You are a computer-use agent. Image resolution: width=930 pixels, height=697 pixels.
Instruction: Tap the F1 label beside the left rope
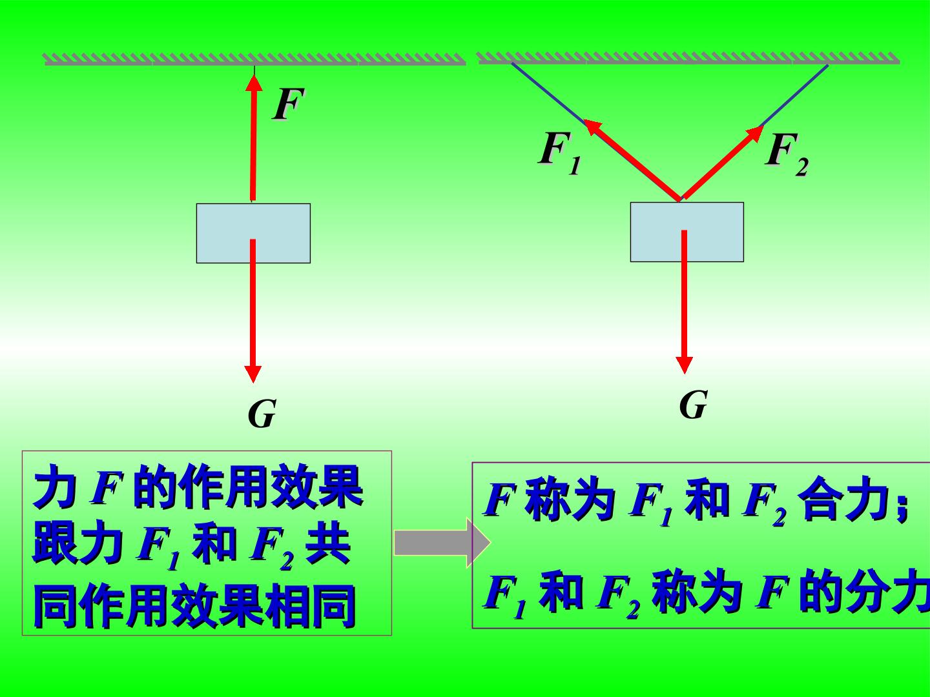click(560, 153)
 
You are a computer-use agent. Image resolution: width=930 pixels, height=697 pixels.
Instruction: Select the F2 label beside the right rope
click(787, 154)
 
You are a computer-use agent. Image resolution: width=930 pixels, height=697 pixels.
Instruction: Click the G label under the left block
click(262, 414)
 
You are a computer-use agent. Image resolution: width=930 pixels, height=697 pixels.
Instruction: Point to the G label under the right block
click(693, 404)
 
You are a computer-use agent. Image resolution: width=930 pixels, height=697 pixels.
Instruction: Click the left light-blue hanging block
click(253, 233)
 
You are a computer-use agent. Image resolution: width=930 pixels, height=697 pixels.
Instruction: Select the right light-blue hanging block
click(687, 232)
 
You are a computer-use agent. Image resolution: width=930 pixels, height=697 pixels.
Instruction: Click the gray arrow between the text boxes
click(442, 543)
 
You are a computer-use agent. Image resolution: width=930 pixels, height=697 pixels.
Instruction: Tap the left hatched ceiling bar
click(255, 59)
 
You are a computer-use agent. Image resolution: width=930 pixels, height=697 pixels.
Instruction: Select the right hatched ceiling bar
click(688, 58)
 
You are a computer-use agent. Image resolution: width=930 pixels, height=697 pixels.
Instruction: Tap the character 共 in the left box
click(328, 542)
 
